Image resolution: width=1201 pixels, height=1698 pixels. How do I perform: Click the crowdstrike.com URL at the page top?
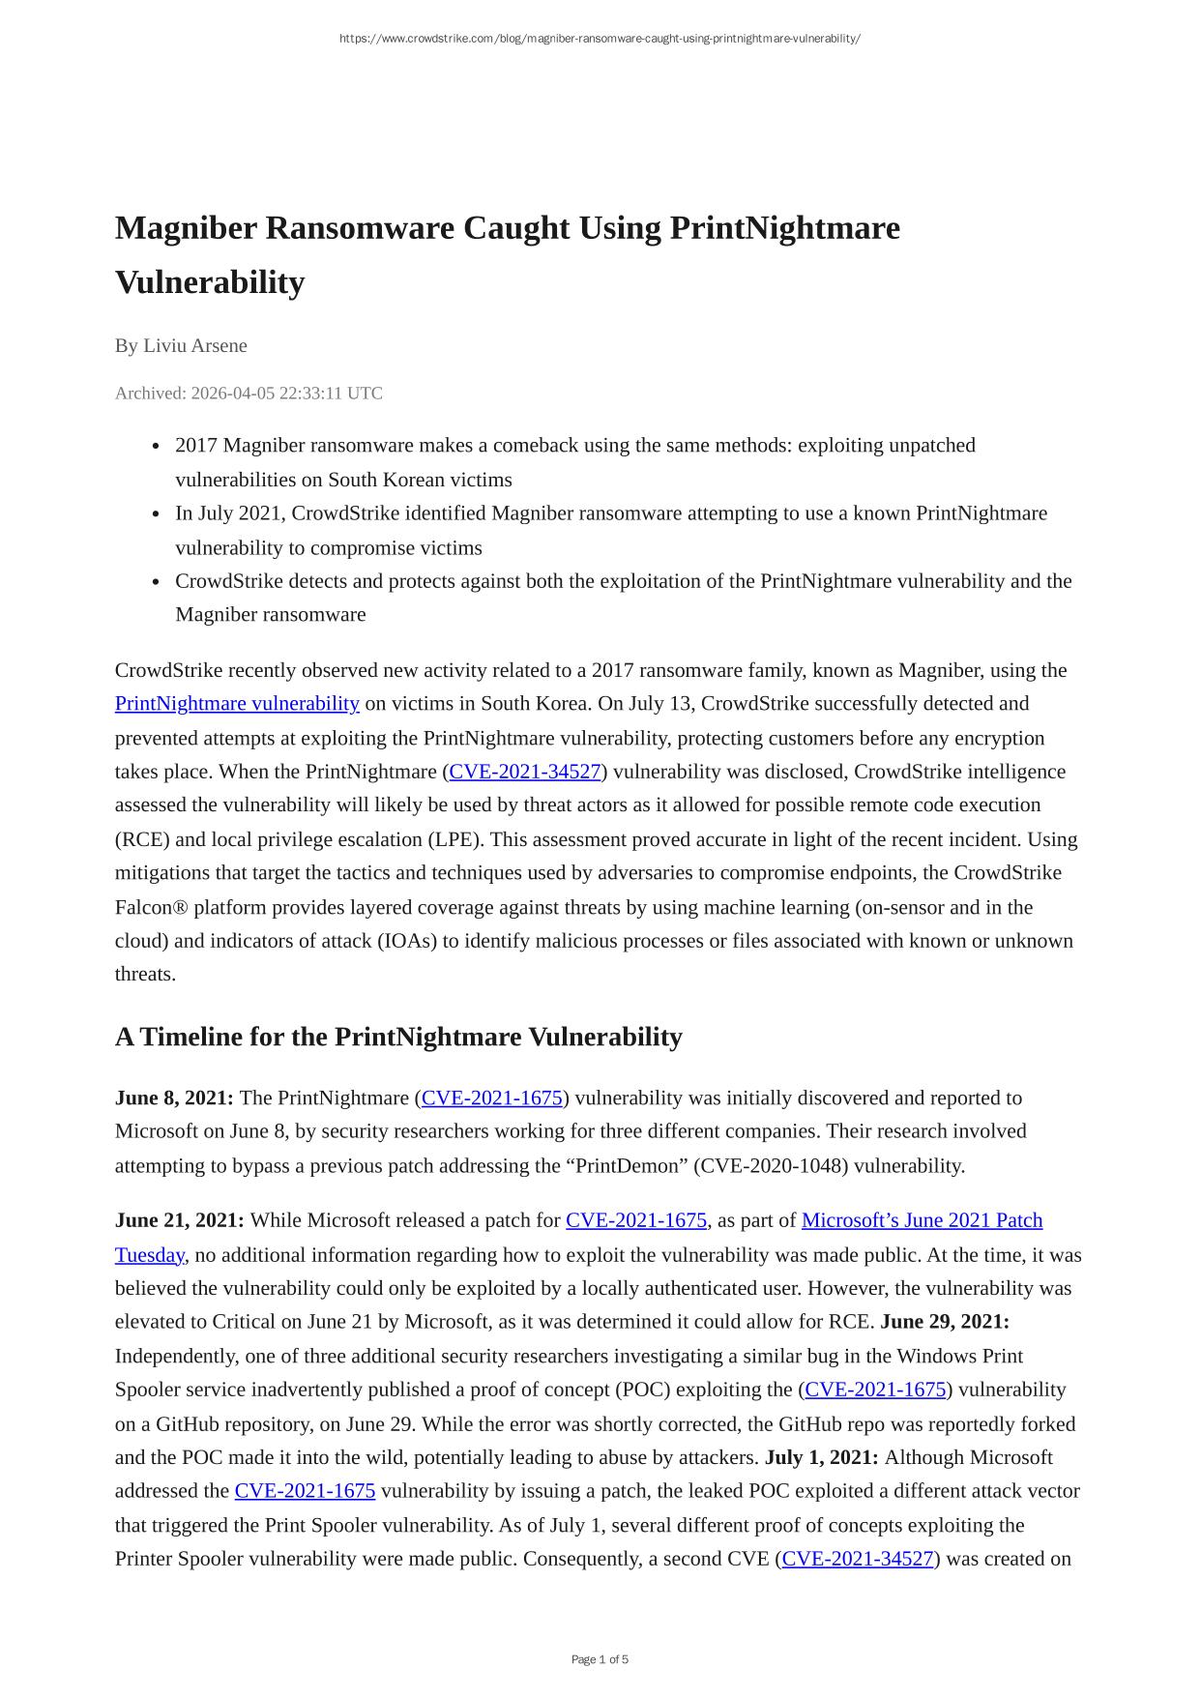[600, 39]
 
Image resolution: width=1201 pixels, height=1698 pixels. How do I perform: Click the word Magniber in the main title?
[186, 228]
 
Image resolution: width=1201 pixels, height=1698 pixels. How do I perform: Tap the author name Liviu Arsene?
[195, 345]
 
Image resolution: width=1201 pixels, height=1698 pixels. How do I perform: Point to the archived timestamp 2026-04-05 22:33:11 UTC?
[286, 393]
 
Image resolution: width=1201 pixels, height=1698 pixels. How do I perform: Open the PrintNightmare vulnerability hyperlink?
[237, 703]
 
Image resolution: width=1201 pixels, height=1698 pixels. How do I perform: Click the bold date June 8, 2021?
[174, 1098]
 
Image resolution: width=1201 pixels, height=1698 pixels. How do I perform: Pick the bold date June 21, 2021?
[180, 1220]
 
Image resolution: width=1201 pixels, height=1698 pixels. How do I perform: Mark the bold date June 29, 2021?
[945, 1321]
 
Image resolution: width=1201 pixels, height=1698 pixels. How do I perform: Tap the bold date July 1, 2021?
[821, 1457]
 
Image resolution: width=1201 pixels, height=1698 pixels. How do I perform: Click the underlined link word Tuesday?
[149, 1255]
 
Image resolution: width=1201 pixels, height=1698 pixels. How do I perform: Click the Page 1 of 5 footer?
[600, 1659]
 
